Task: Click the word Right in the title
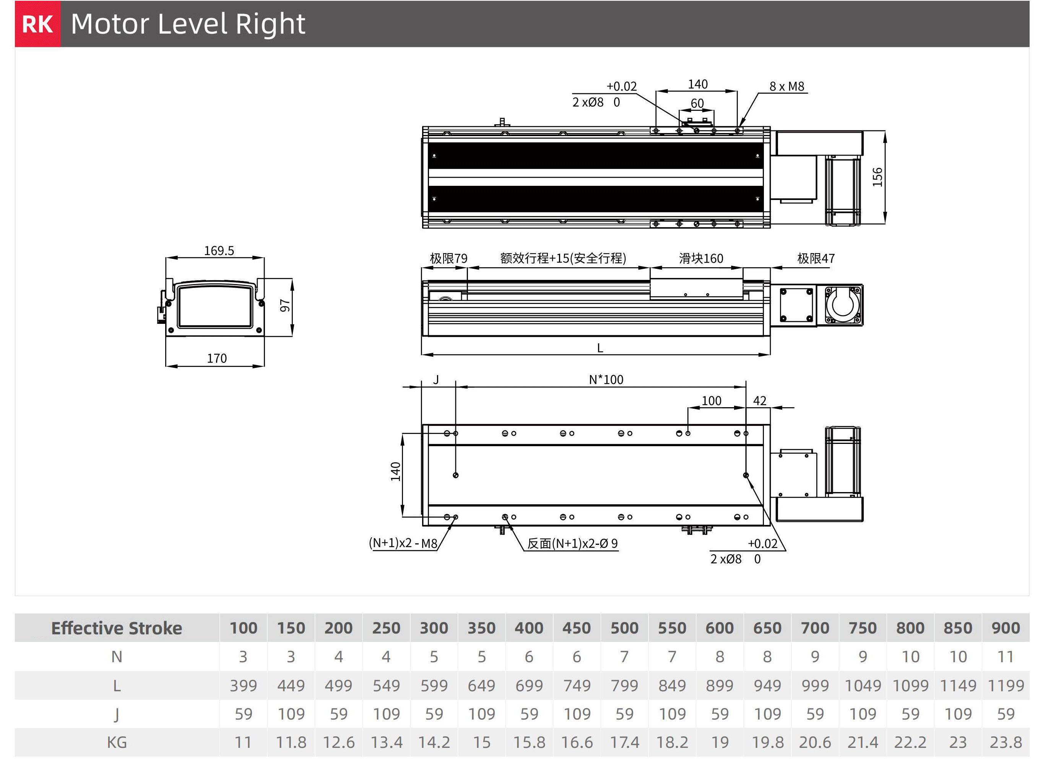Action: (x=270, y=24)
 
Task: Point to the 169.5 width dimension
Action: (x=219, y=250)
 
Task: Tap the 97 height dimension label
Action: (x=285, y=306)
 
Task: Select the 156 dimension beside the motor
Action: (x=877, y=177)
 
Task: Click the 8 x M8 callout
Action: (x=787, y=86)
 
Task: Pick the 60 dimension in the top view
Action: (x=697, y=103)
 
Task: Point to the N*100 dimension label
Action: (x=606, y=380)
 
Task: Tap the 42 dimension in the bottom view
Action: (x=760, y=401)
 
